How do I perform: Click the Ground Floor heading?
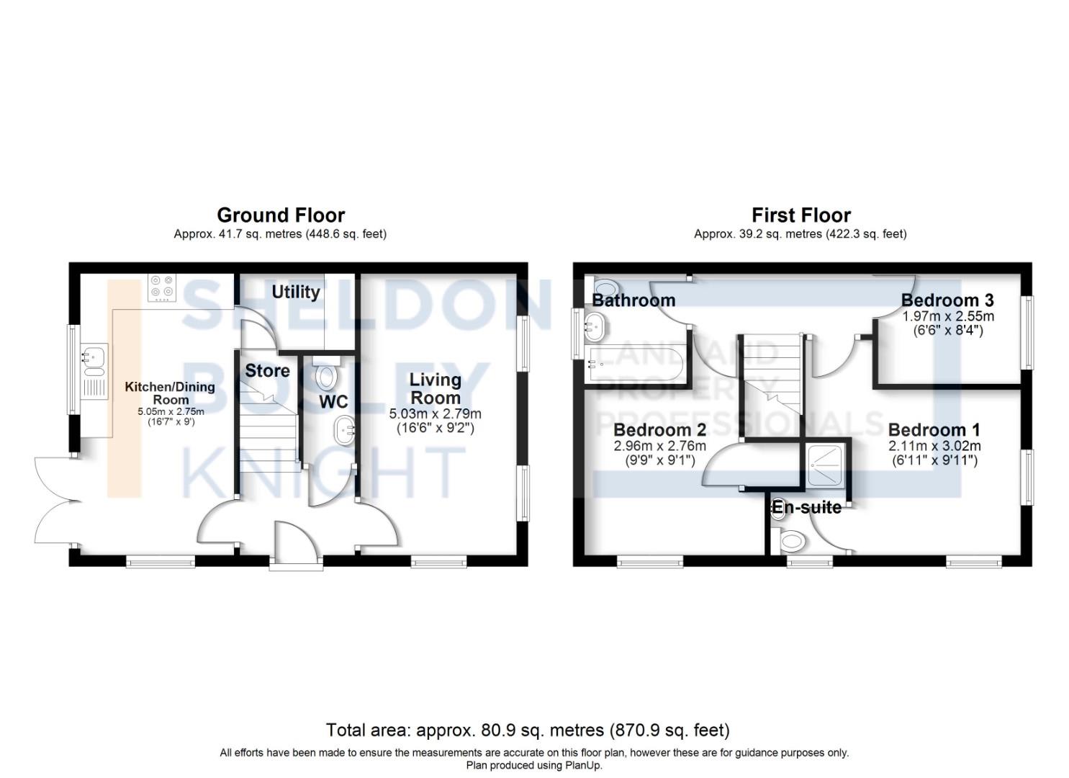pos(281,215)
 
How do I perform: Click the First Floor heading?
pos(801,215)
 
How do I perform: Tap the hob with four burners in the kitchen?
pos(162,287)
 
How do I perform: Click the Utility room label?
pos(296,292)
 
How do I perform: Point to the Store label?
pos(267,370)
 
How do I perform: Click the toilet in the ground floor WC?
pos(327,372)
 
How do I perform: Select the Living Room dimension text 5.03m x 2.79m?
pos(436,414)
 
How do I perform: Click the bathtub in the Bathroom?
pos(635,365)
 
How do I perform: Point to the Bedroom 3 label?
pos(947,300)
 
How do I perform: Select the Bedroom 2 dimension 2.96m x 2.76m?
pos(660,447)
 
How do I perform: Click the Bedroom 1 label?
pos(934,430)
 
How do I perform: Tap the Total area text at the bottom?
pos(528,730)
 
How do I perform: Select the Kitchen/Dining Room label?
pos(170,393)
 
